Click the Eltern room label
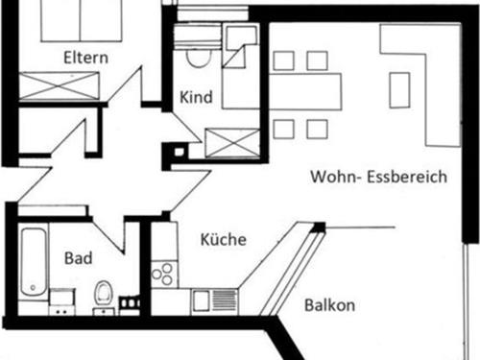84,58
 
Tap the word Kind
195,98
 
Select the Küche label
224,239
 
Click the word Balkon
329,306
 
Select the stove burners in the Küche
162,274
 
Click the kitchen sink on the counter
203,300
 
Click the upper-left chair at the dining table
283,60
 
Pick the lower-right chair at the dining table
317,128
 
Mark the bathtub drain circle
32,285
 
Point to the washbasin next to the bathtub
63,299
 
